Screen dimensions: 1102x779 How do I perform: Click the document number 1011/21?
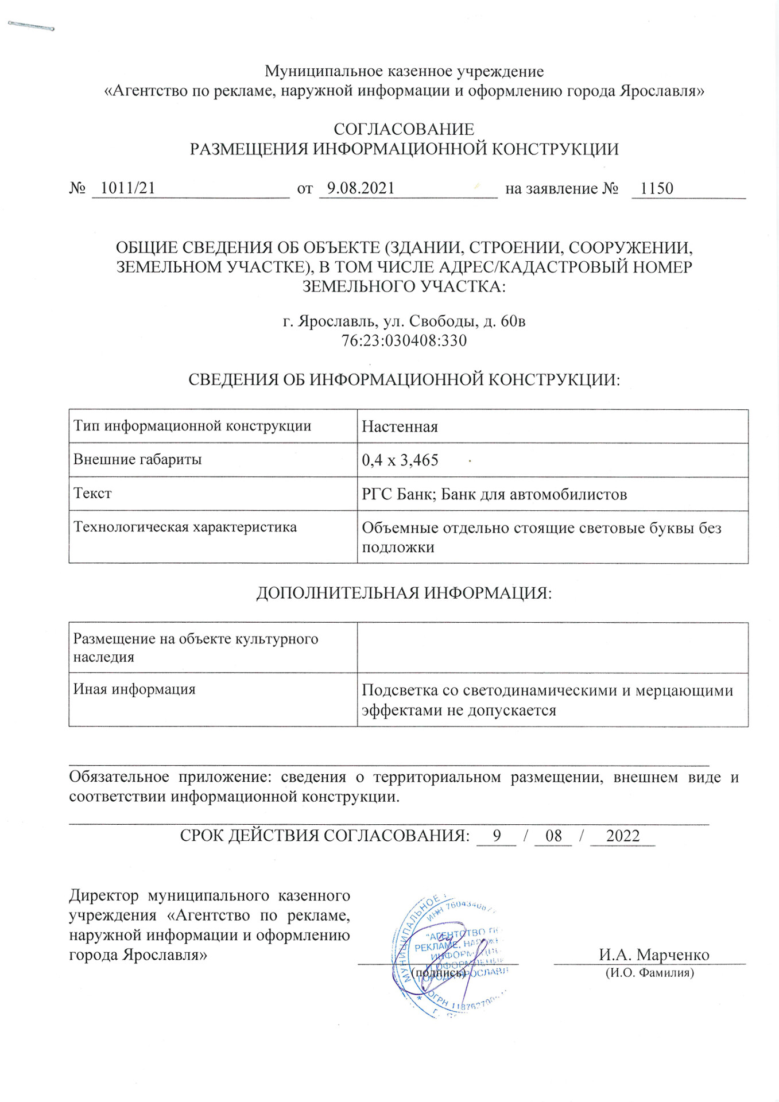tap(127, 188)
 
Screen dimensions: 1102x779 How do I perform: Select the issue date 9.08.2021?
tap(361, 188)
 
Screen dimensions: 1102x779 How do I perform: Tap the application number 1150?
tap(656, 188)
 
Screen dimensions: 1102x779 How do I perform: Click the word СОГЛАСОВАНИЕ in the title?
tap(404, 129)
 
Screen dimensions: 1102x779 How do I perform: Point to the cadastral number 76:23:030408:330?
tap(404, 341)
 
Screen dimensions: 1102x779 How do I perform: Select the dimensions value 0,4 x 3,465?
tap(400, 460)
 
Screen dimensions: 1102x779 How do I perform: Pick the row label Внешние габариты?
tap(138, 460)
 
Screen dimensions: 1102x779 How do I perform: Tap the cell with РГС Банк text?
tap(494, 494)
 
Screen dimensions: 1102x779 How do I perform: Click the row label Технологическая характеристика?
tap(185, 527)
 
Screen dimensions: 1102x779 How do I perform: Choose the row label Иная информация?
tap(134, 689)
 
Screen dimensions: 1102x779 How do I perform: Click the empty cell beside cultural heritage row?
tap(552, 647)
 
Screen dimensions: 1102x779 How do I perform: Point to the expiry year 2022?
tap(622, 836)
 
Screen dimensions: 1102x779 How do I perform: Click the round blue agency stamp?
tap(448, 956)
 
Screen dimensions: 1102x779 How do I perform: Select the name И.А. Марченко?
tap(654, 955)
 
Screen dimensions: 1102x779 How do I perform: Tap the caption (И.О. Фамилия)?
tap(650, 973)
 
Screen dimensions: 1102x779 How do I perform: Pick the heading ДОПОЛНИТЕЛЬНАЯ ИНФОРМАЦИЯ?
tap(404, 593)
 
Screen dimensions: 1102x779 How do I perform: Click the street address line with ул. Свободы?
tap(404, 321)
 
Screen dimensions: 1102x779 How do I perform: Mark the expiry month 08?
tap(553, 836)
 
